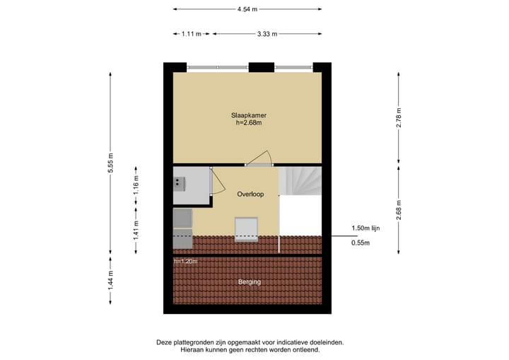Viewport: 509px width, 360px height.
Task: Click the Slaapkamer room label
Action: point(248,115)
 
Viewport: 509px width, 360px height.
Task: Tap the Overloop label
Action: point(250,194)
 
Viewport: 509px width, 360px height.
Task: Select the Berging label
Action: point(249,281)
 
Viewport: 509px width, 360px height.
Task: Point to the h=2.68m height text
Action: point(248,123)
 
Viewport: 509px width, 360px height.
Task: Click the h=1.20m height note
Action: point(186,262)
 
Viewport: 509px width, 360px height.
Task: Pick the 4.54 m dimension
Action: point(247,9)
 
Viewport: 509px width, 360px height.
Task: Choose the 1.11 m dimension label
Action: point(192,33)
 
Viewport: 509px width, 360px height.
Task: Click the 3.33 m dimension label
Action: point(267,33)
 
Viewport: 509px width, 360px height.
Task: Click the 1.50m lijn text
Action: point(366,228)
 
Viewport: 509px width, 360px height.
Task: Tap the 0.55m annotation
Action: point(361,243)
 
